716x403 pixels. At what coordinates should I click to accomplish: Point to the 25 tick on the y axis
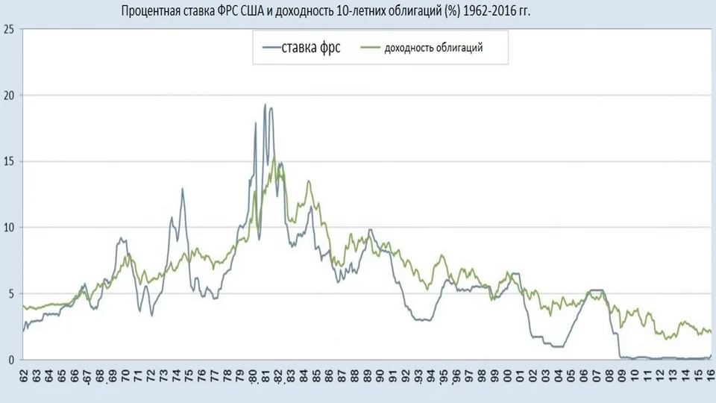click(x=9, y=29)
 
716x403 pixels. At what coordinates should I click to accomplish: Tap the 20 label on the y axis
click(x=9, y=96)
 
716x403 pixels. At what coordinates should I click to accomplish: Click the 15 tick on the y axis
click(x=9, y=162)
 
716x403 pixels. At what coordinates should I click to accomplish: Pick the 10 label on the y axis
click(x=9, y=228)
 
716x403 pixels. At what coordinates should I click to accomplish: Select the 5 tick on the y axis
click(x=11, y=294)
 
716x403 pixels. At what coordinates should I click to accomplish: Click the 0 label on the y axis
click(x=11, y=360)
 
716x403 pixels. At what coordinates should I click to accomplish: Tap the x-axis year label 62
click(x=24, y=375)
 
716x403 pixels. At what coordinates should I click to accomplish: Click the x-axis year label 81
click(x=266, y=376)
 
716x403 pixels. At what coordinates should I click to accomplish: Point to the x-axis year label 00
click(x=508, y=375)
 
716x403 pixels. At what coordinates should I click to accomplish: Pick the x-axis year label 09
click(x=623, y=375)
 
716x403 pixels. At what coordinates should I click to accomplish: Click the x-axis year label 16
click(x=711, y=375)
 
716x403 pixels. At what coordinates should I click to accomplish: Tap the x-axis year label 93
click(x=418, y=376)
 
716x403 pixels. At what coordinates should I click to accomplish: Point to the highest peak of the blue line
click(x=265, y=104)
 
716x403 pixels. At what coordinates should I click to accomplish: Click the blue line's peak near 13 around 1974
click(x=183, y=189)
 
